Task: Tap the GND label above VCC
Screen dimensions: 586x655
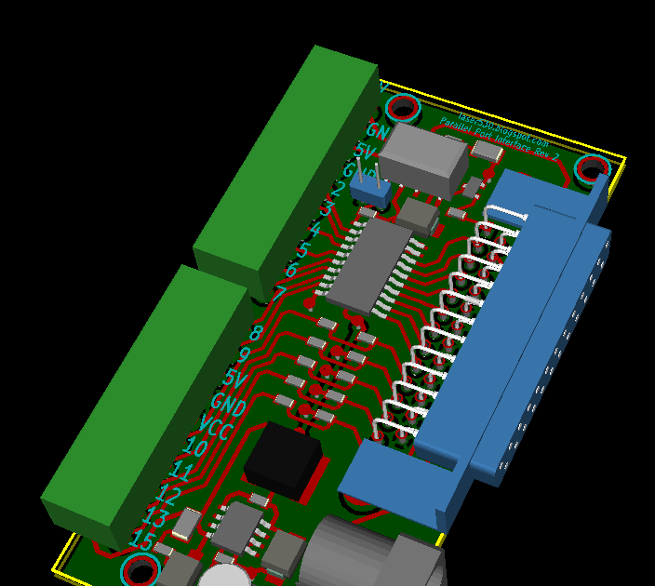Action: pyautogui.click(x=229, y=404)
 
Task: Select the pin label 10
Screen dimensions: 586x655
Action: pyautogui.click(x=196, y=449)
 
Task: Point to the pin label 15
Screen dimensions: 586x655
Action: pyautogui.click(x=142, y=539)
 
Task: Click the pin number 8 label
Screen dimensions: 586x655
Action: pyautogui.click(x=257, y=332)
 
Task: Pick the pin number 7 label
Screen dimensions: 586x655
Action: pyautogui.click(x=279, y=294)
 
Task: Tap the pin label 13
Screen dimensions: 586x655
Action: pyautogui.click(x=156, y=517)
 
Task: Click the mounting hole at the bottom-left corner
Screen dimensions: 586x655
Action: pyautogui.click(x=140, y=569)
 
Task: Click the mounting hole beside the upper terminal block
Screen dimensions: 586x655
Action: pyautogui.click(x=403, y=108)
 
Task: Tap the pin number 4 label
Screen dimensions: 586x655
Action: pyautogui.click(x=314, y=229)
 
